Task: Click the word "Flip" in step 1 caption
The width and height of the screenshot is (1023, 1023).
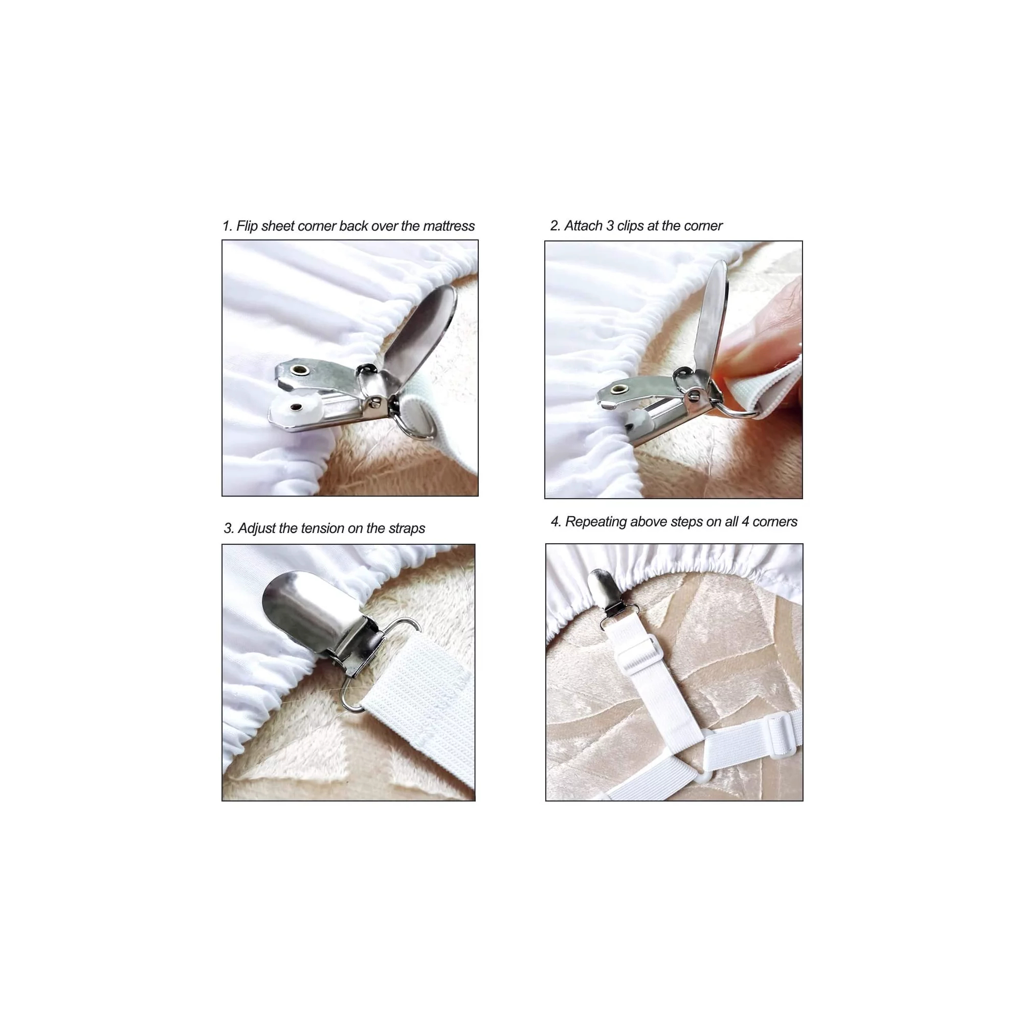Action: pyautogui.click(x=247, y=226)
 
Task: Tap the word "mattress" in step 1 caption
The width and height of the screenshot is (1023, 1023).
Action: pyautogui.click(x=450, y=226)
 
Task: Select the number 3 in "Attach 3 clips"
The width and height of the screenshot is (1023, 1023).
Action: pyautogui.click(x=610, y=226)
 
